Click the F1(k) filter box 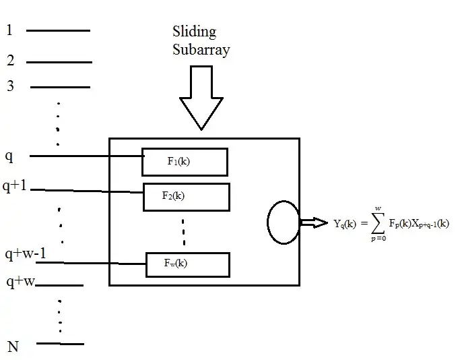[185, 162]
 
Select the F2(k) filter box [186, 196]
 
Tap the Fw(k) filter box [187, 264]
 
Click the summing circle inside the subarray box [283, 222]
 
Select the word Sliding [194, 32]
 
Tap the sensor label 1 [9, 30]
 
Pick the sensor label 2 [11, 61]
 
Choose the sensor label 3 [11, 86]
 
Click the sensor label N [13, 347]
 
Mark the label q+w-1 [25, 254]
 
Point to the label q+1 [15, 186]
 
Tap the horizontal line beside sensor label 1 [58, 30]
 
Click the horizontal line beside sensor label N [61, 344]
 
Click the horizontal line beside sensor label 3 [60, 87]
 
